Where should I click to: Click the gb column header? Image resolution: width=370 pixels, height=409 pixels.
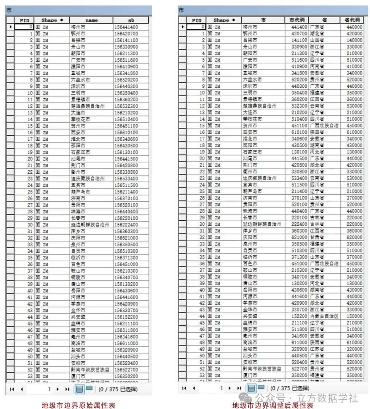(131, 20)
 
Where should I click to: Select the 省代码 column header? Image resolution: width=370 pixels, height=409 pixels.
(352, 20)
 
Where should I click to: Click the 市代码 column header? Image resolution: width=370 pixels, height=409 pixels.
(297, 20)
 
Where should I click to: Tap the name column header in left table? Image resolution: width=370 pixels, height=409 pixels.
(91, 20)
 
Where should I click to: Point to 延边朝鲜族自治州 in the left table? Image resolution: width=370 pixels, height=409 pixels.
(90, 225)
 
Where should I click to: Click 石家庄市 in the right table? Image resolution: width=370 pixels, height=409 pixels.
(252, 152)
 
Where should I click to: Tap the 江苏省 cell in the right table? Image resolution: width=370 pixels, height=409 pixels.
(317, 349)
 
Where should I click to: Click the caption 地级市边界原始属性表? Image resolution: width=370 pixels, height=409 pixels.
(78, 406)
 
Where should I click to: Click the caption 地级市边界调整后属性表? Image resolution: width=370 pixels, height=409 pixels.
(273, 406)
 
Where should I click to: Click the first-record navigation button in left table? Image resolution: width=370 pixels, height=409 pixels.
(12, 389)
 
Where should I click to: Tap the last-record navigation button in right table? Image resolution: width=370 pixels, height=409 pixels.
(239, 388)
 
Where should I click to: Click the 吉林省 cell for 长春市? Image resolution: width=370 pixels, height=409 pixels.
(317, 218)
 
